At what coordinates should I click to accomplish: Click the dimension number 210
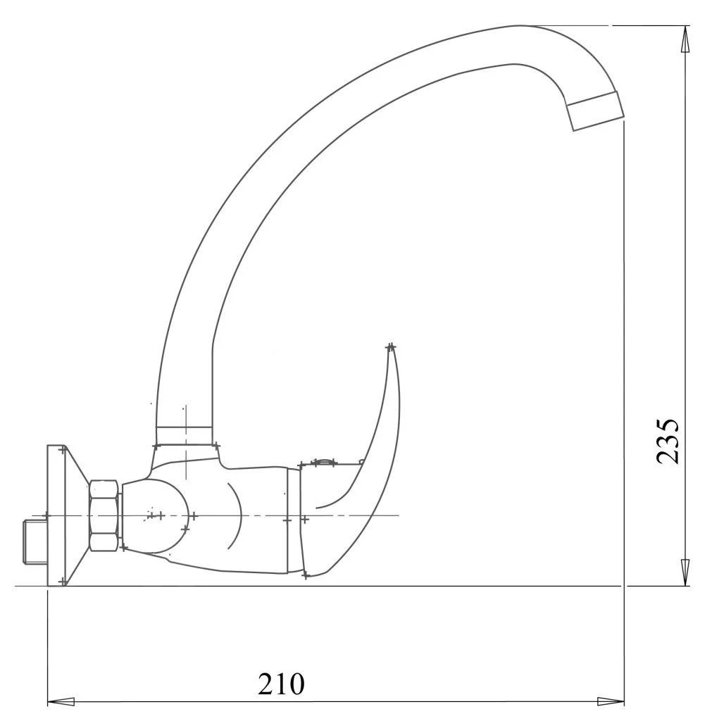[x=282, y=684]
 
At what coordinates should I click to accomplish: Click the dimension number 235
[x=667, y=441]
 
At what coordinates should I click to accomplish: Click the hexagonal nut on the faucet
[x=104, y=516]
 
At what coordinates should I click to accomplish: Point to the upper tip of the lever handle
[x=391, y=346]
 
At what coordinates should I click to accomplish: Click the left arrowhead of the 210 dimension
[x=61, y=701]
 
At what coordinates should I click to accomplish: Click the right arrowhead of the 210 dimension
[x=610, y=701]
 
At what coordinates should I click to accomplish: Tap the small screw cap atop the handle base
[x=323, y=462]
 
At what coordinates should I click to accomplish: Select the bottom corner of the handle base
[x=305, y=575]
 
